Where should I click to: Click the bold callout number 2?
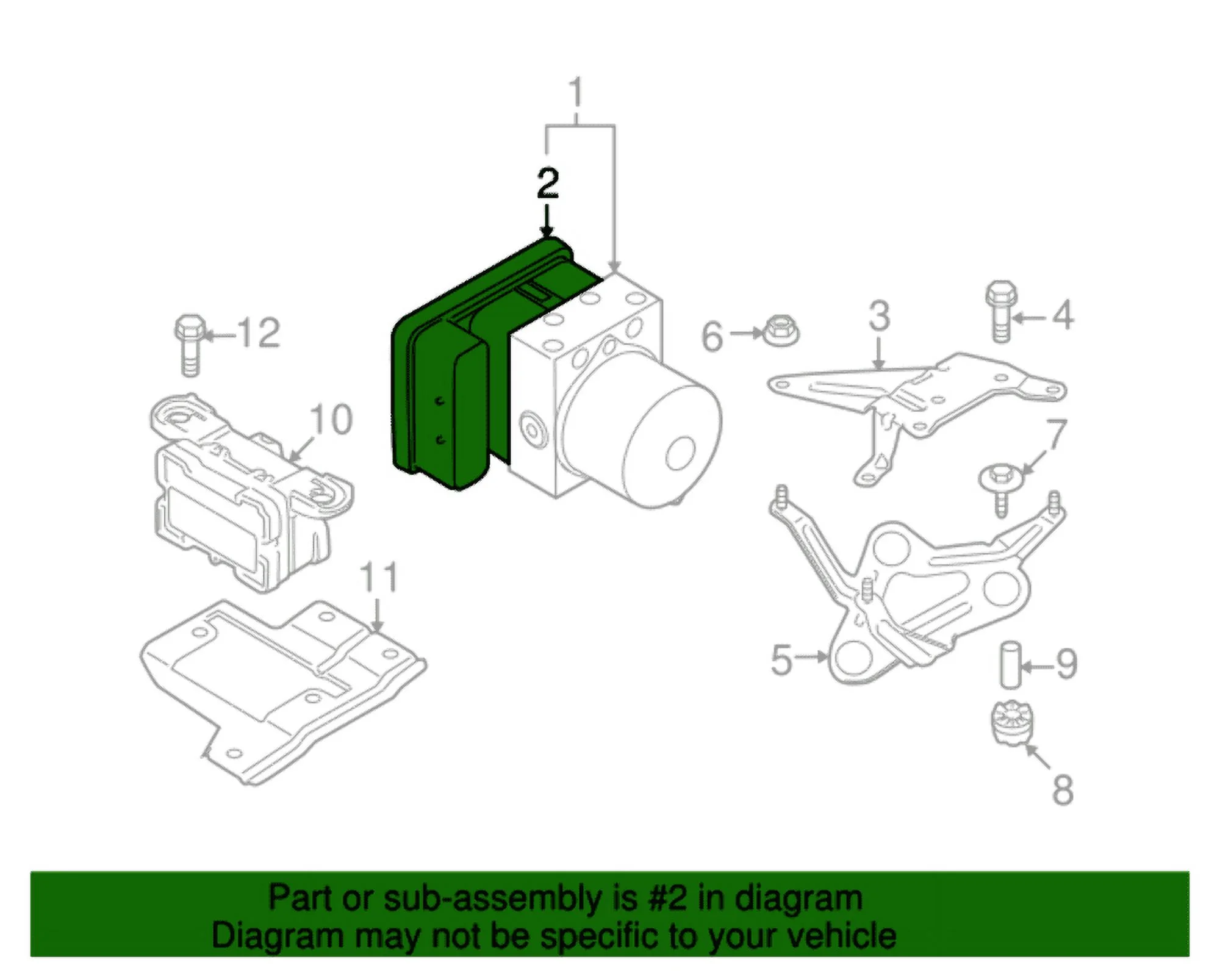tap(547, 184)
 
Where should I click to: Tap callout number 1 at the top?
tap(576, 93)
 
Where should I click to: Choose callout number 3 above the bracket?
tap(879, 316)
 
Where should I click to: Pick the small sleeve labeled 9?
tap(1010, 665)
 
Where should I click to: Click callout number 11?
tap(378, 577)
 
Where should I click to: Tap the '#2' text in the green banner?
tap(669, 899)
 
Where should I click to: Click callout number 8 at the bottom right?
tap(1062, 789)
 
